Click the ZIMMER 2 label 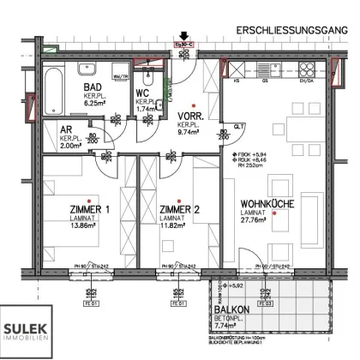pyautogui.click(x=180, y=211)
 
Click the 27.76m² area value pyautogui.click(x=255, y=220)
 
